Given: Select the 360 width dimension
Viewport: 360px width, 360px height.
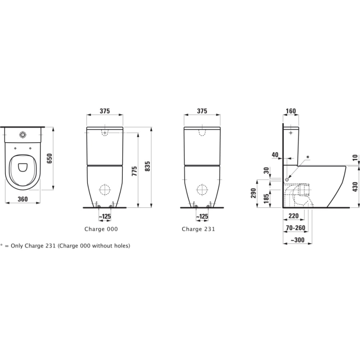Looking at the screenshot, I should [x=23, y=199].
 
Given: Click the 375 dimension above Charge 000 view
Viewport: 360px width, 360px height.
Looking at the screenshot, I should [x=105, y=111].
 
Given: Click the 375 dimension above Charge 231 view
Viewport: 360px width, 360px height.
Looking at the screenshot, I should [x=202, y=111].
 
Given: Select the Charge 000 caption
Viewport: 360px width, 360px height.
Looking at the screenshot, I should [x=101, y=229].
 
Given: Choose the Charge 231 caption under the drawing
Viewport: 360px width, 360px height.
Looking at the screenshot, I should [x=198, y=229].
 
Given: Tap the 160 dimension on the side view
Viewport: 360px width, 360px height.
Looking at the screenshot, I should [x=291, y=111].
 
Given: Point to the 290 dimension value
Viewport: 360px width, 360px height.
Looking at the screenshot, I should [x=253, y=194].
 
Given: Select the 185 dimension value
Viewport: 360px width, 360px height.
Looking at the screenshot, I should [x=266, y=198].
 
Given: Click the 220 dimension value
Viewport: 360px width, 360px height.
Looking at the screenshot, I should [x=294, y=216].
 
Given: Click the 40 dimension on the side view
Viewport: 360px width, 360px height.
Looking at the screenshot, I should [x=275, y=155].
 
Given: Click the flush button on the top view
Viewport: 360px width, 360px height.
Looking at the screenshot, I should [x=23, y=134].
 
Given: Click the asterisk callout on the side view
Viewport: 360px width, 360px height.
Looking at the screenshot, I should [x=307, y=157].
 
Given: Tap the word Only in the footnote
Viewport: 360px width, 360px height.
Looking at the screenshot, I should [x=18, y=246].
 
